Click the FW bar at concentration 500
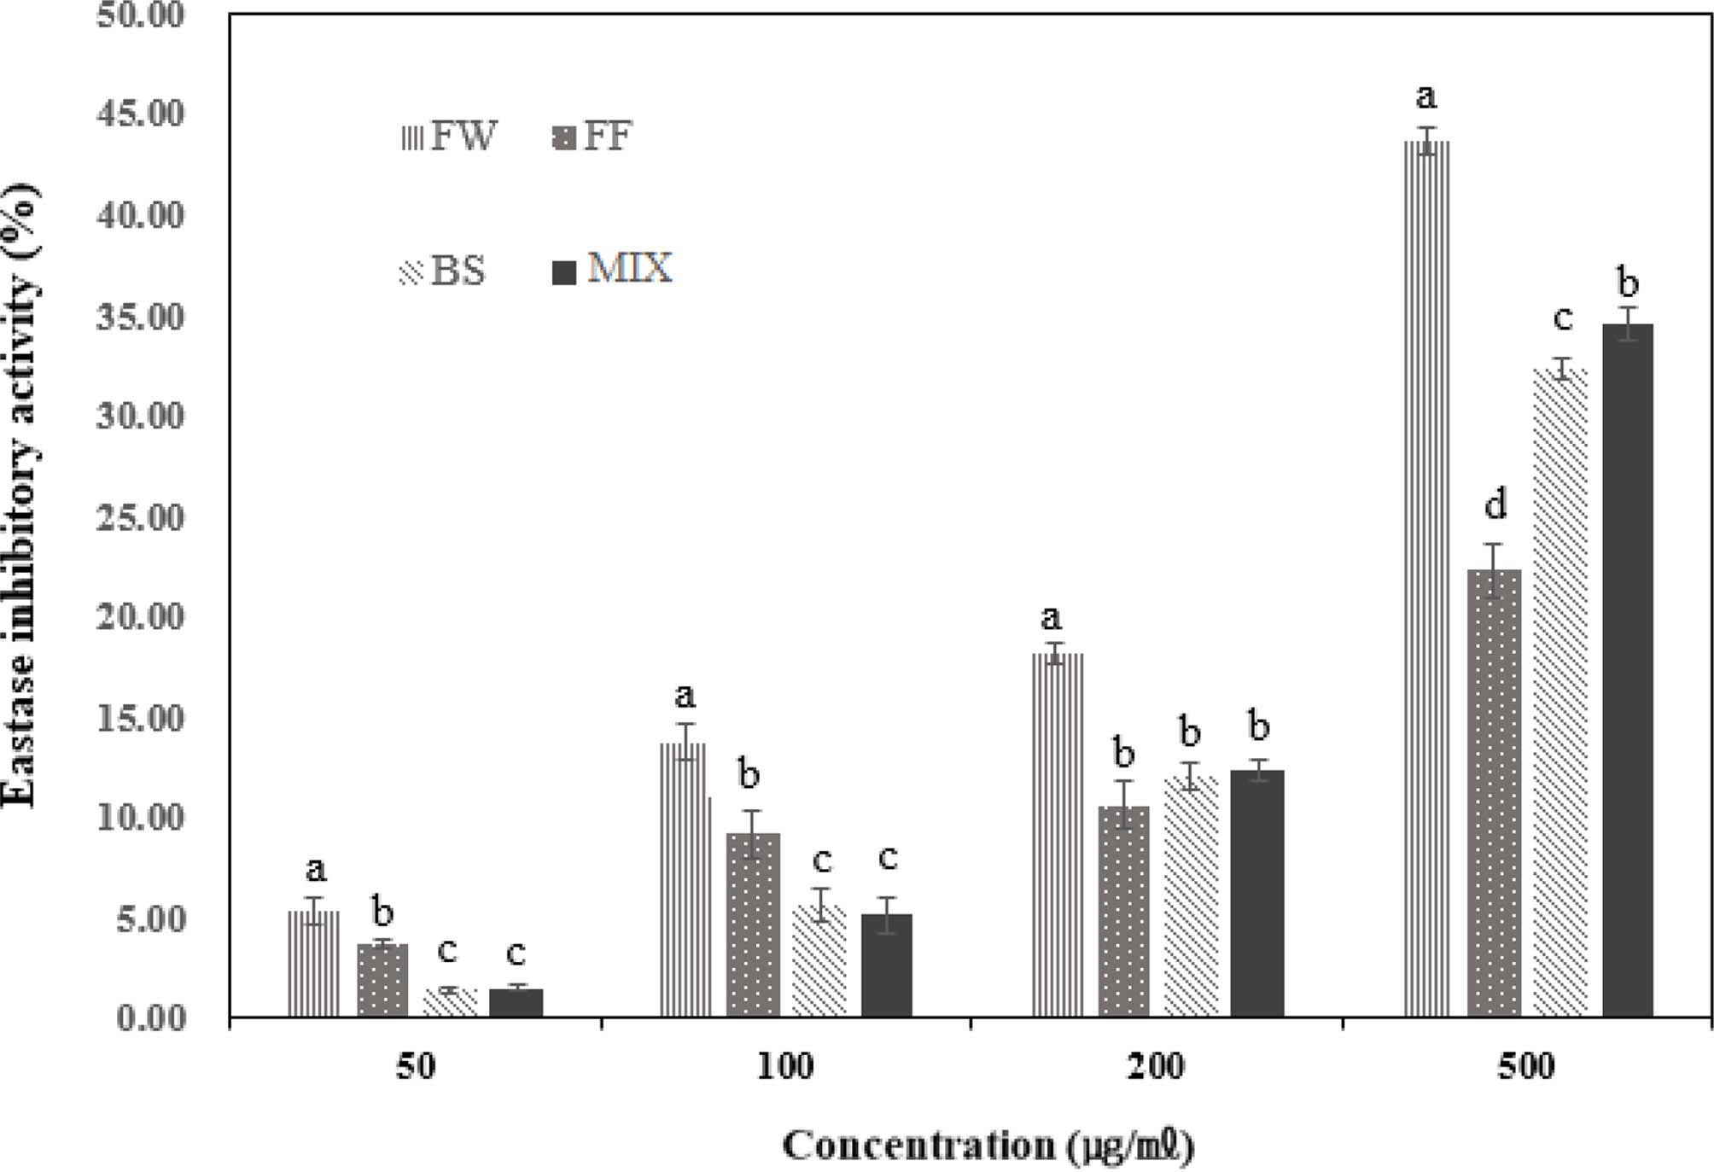pos(1426,580)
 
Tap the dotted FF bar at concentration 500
pos(1494,794)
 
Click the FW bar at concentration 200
pos(1057,837)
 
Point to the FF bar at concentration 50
pos(382,981)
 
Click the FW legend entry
pos(449,137)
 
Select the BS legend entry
pos(443,271)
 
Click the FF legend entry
pos(593,137)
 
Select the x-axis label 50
pos(416,1067)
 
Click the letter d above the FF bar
pos(1495,505)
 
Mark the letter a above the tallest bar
pos(1425,96)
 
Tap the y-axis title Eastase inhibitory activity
pos(20,495)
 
